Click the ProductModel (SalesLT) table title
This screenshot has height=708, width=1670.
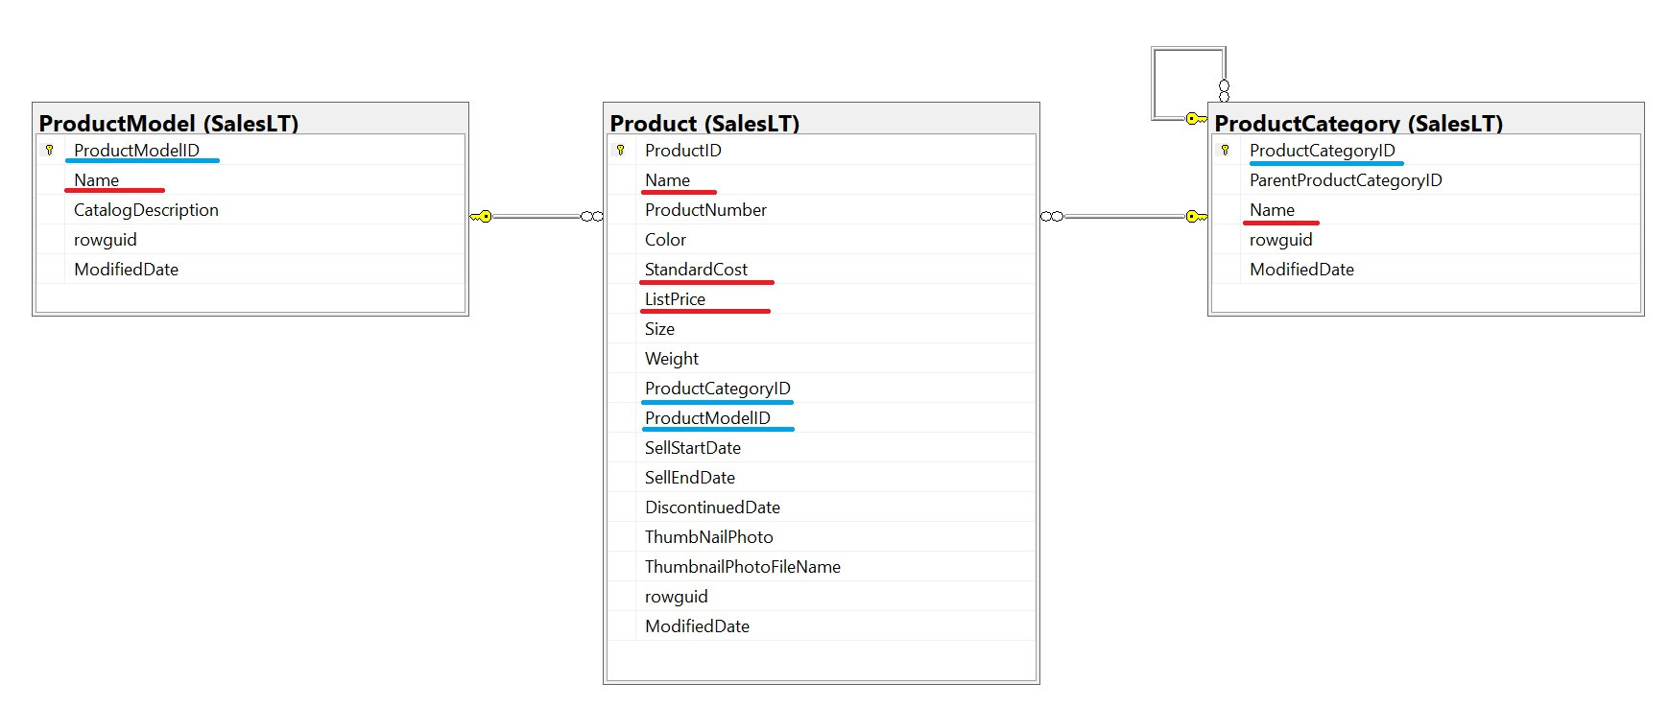tap(169, 123)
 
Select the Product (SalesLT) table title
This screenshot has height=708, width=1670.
tap(704, 123)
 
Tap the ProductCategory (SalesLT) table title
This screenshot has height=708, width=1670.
tap(1358, 123)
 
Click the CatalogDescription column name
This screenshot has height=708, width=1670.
tap(146, 210)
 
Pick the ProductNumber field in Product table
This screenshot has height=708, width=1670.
tap(705, 210)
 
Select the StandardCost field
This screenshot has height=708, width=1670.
tap(696, 270)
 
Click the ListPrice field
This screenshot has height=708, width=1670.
tap(675, 299)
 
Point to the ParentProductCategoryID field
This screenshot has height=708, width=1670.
tap(1346, 180)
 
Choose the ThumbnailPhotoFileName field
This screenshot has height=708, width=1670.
tap(743, 567)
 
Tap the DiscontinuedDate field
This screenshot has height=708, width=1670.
tap(712, 507)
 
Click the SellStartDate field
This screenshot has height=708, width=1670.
tap(693, 448)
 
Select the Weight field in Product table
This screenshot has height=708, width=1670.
tap(672, 359)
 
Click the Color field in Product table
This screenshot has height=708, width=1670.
tap(665, 240)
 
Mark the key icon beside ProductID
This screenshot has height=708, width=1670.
tap(621, 150)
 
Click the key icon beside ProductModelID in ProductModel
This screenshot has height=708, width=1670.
tap(50, 150)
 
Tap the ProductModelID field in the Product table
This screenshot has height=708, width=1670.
tap(707, 418)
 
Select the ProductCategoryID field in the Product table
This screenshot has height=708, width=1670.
tap(718, 389)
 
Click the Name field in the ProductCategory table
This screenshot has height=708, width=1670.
tap(1272, 210)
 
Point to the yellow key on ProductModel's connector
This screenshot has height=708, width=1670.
tap(481, 217)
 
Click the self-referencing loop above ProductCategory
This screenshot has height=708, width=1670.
tap(1154, 83)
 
